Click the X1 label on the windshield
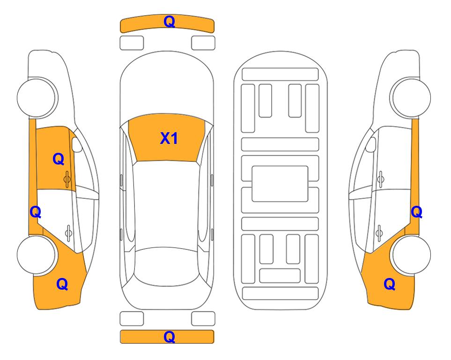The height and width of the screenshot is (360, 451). (x=169, y=138)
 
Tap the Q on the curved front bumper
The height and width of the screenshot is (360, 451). (x=169, y=21)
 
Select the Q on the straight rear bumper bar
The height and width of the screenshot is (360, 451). (x=169, y=337)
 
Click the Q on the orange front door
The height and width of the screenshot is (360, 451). (x=59, y=159)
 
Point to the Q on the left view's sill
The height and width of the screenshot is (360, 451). (x=36, y=212)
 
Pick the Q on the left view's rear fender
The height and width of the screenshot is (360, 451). (x=62, y=284)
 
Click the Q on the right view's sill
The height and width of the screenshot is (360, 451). (x=416, y=212)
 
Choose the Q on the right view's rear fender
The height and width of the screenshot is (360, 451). (x=390, y=284)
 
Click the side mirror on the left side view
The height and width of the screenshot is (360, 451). (x=76, y=144)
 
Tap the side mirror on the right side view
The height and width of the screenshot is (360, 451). (x=371, y=144)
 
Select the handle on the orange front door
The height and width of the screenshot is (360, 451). (x=67, y=179)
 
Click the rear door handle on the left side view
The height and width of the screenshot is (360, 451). (x=68, y=232)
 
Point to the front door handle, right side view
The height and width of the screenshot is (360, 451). (x=380, y=179)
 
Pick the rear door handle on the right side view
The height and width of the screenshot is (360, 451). (x=379, y=232)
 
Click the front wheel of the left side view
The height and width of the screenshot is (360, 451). (x=36, y=98)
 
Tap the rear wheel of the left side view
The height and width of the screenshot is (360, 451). (x=36, y=255)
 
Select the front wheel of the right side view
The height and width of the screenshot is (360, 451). (x=411, y=98)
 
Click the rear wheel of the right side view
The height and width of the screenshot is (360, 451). (x=411, y=255)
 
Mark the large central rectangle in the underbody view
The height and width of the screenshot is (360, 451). (x=280, y=184)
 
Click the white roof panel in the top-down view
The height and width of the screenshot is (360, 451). (x=167, y=204)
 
